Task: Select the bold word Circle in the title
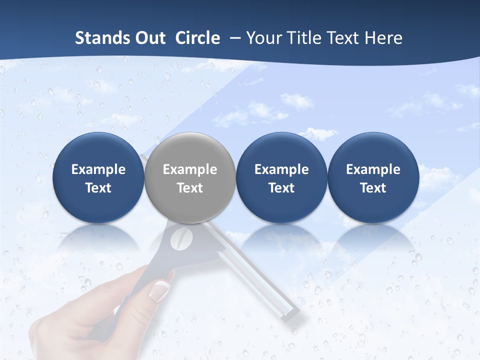tap(197, 38)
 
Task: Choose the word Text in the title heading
tap(344, 38)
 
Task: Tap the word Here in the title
tap(384, 38)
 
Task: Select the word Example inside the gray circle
tap(190, 169)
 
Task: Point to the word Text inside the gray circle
tap(190, 188)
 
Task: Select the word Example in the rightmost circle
tap(373, 169)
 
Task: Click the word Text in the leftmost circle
tap(98, 188)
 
